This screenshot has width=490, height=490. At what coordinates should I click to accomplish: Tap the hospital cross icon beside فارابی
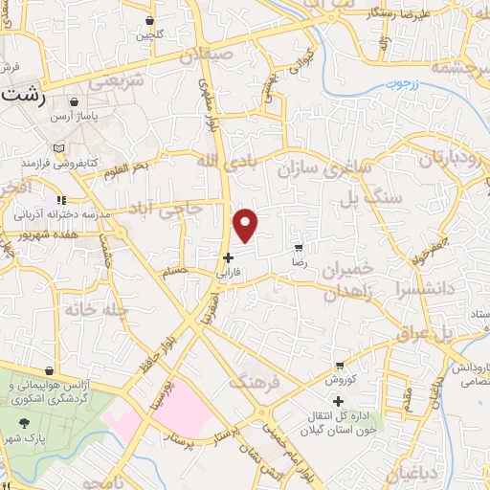(228, 257)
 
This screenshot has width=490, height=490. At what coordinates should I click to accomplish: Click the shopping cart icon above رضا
(300, 246)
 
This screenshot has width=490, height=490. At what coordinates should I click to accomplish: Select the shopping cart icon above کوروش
(340, 365)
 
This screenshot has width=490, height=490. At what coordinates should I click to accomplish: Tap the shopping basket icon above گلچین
(150, 21)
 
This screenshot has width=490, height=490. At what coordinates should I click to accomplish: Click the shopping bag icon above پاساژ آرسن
(75, 100)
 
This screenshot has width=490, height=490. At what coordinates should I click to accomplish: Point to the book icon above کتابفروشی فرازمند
(60, 149)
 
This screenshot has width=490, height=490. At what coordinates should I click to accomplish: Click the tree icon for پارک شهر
(22, 421)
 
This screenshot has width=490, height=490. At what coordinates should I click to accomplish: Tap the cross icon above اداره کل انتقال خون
(337, 401)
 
